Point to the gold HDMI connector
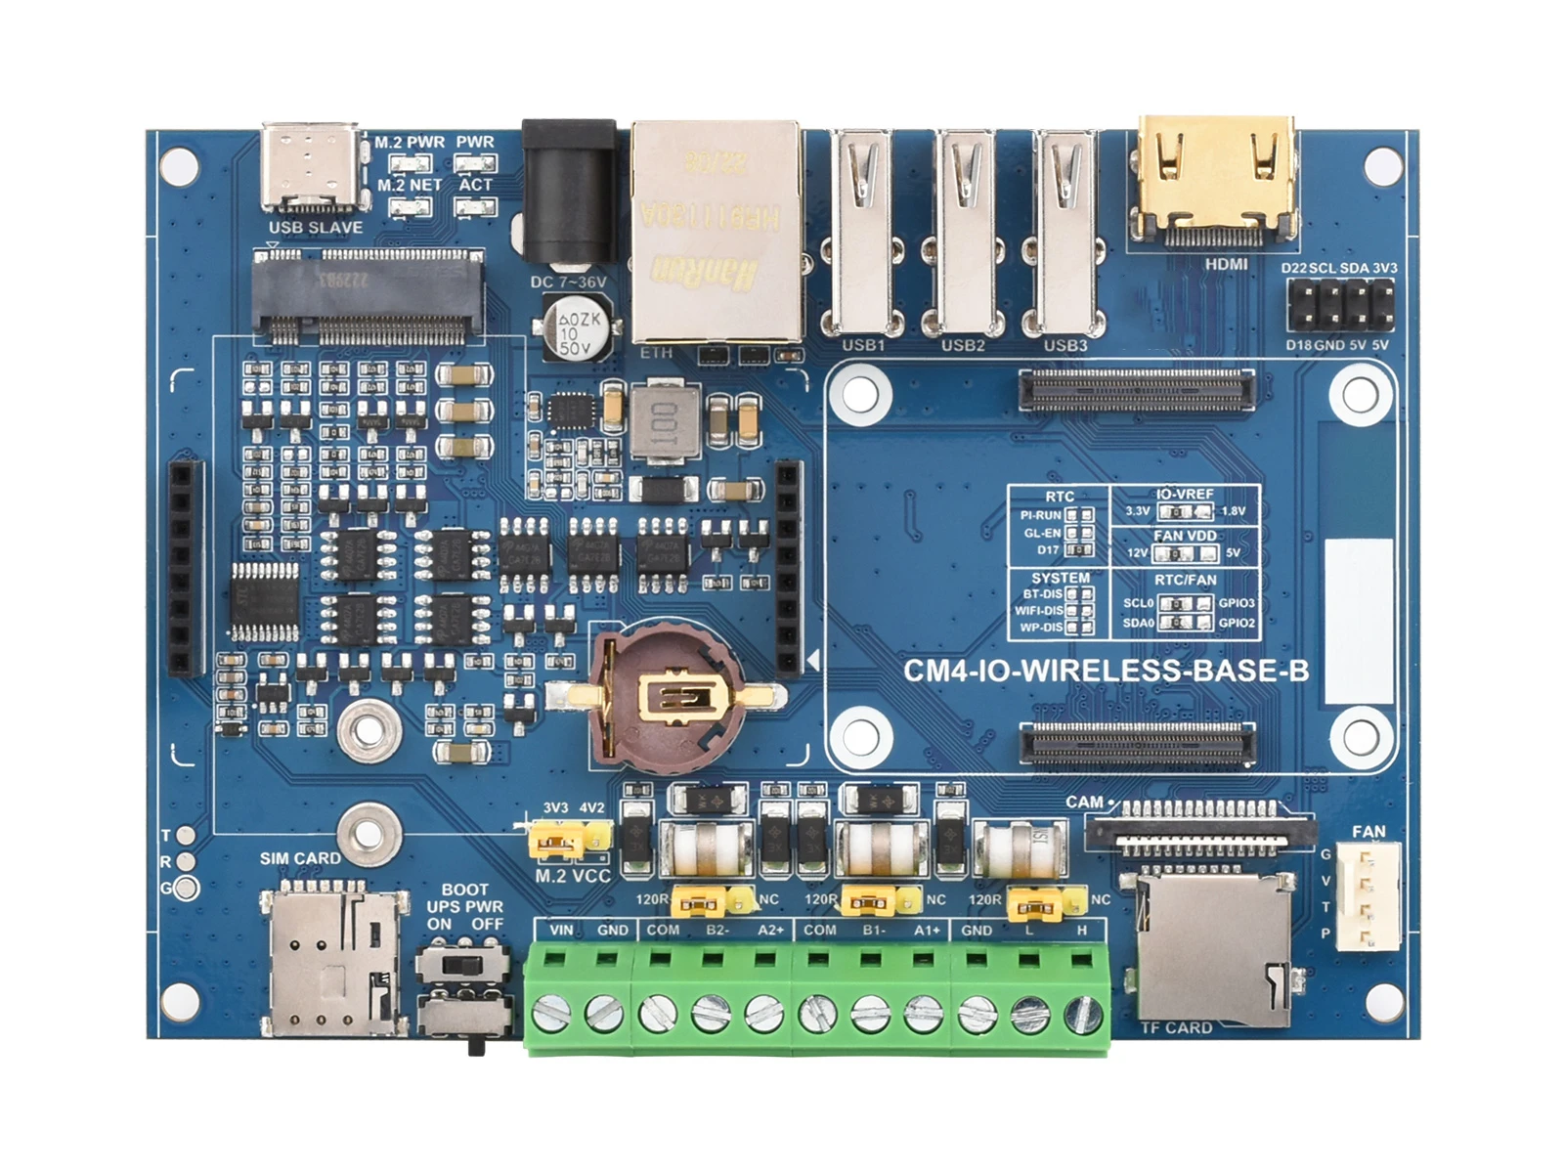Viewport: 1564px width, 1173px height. pos(1216,181)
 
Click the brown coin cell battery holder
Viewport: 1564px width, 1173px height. pos(666,698)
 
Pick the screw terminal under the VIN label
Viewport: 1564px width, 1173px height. pos(552,1013)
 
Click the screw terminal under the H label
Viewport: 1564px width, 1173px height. pos(1082,1013)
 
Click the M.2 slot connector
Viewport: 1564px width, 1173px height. pos(368,296)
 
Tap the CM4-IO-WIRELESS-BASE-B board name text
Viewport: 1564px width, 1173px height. pos(1106,671)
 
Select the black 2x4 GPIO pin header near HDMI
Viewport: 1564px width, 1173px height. pos(1340,305)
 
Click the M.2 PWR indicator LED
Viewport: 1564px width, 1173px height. pos(411,162)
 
